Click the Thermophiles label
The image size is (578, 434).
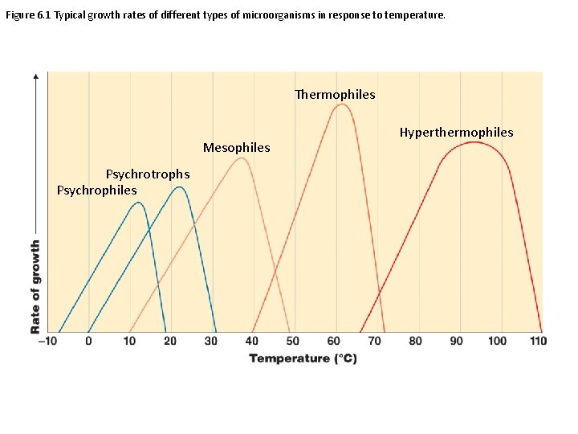click(335, 95)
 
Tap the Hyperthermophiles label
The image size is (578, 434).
click(456, 133)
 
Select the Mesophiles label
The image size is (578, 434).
click(236, 148)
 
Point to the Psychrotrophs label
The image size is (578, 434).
click(148, 174)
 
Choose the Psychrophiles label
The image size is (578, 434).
click(96, 190)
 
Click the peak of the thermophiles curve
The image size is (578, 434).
click(341, 104)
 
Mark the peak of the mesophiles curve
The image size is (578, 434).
click(240, 158)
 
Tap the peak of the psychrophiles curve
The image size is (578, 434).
click(137, 203)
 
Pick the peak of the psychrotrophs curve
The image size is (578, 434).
click(180, 187)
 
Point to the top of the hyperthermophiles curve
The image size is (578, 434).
click(474, 142)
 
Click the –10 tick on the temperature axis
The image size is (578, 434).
click(47, 341)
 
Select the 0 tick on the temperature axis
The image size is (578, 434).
click(88, 341)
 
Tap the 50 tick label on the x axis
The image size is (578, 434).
click(292, 341)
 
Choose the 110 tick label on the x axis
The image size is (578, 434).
click(538, 341)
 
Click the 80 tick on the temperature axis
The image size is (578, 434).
click(415, 341)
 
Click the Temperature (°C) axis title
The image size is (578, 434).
click(303, 358)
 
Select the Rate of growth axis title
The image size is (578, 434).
click(35, 287)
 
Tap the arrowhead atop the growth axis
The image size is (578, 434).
click(35, 76)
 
